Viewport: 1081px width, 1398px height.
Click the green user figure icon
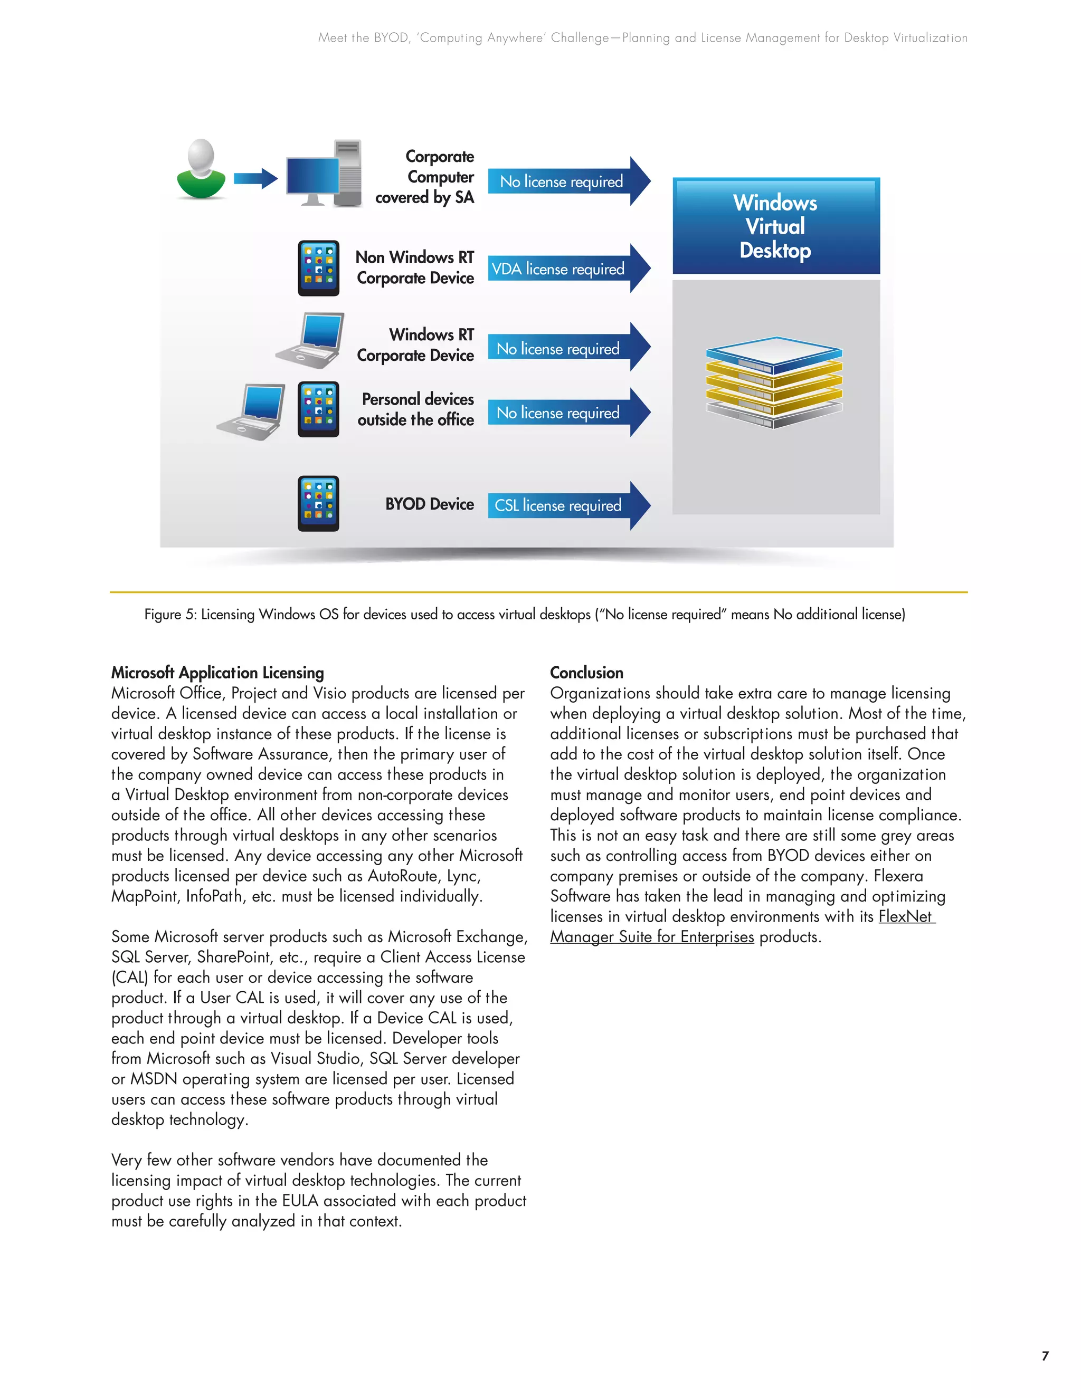click(201, 170)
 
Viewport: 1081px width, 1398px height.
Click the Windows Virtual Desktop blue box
click(775, 226)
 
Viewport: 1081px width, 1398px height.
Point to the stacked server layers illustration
click(774, 382)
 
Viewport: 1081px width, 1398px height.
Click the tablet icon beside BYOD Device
click(318, 504)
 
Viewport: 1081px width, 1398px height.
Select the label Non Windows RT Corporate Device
click(415, 267)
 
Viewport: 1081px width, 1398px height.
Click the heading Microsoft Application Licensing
click(218, 673)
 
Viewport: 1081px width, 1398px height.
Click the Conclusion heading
click(586, 673)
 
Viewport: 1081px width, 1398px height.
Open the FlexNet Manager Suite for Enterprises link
click(652, 937)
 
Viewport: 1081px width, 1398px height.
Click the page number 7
click(1045, 1356)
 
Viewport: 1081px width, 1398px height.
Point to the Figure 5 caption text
click(525, 615)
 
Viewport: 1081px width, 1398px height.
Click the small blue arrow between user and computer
click(255, 179)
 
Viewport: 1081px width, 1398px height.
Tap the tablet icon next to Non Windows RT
click(318, 268)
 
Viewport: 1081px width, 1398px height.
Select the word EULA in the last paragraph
click(300, 1201)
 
